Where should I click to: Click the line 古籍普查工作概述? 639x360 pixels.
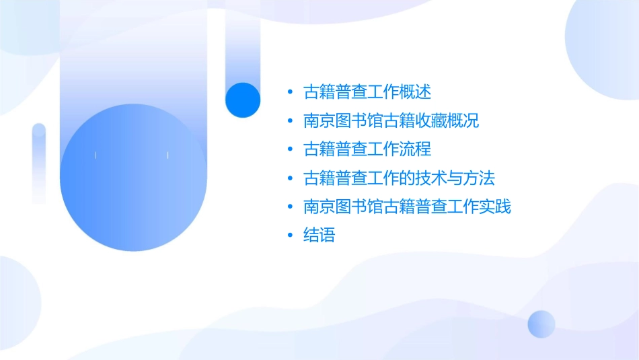[x=367, y=92]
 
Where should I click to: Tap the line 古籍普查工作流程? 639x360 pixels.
[x=367, y=149]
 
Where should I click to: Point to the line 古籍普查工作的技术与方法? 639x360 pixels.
[x=399, y=178]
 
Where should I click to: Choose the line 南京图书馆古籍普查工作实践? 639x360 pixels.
[x=407, y=207]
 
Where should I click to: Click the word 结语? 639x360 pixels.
[x=319, y=236]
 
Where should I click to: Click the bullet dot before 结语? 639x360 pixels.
[x=290, y=236]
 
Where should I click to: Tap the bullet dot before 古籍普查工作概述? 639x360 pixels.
[x=290, y=92]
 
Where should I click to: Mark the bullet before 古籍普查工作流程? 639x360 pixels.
[x=290, y=149]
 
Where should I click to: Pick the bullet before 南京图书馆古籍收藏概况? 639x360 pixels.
[x=290, y=121]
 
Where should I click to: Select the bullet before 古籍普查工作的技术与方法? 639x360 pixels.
[x=290, y=178]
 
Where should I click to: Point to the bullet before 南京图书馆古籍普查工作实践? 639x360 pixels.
[x=290, y=207]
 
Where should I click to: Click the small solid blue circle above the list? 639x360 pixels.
[x=243, y=100]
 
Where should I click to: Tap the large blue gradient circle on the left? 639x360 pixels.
[x=133, y=178]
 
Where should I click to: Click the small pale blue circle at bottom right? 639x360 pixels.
[x=541, y=324]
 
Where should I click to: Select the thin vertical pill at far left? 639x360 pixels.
[x=39, y=163]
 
